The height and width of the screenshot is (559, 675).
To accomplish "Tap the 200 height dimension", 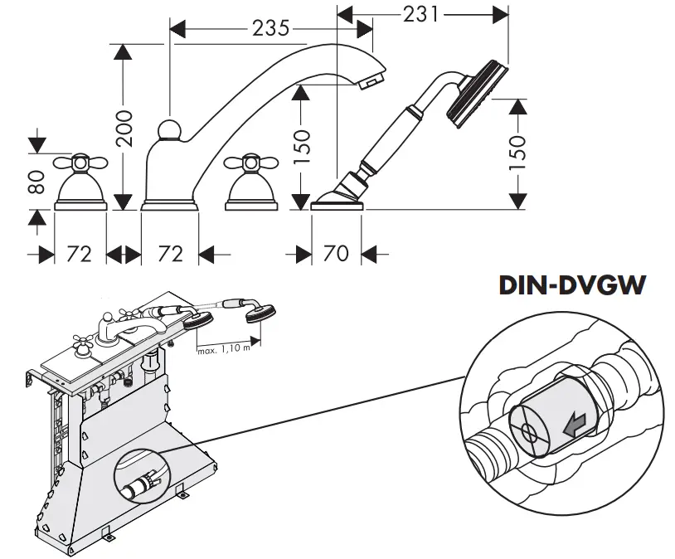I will [124, 128].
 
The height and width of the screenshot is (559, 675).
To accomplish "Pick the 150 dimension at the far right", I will [517, 153].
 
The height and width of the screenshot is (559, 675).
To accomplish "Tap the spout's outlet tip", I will [371, 80].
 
